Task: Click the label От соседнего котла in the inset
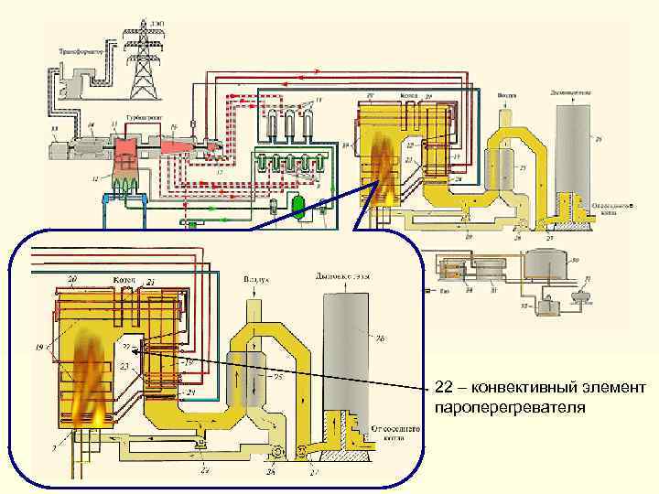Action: coord(394,433)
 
